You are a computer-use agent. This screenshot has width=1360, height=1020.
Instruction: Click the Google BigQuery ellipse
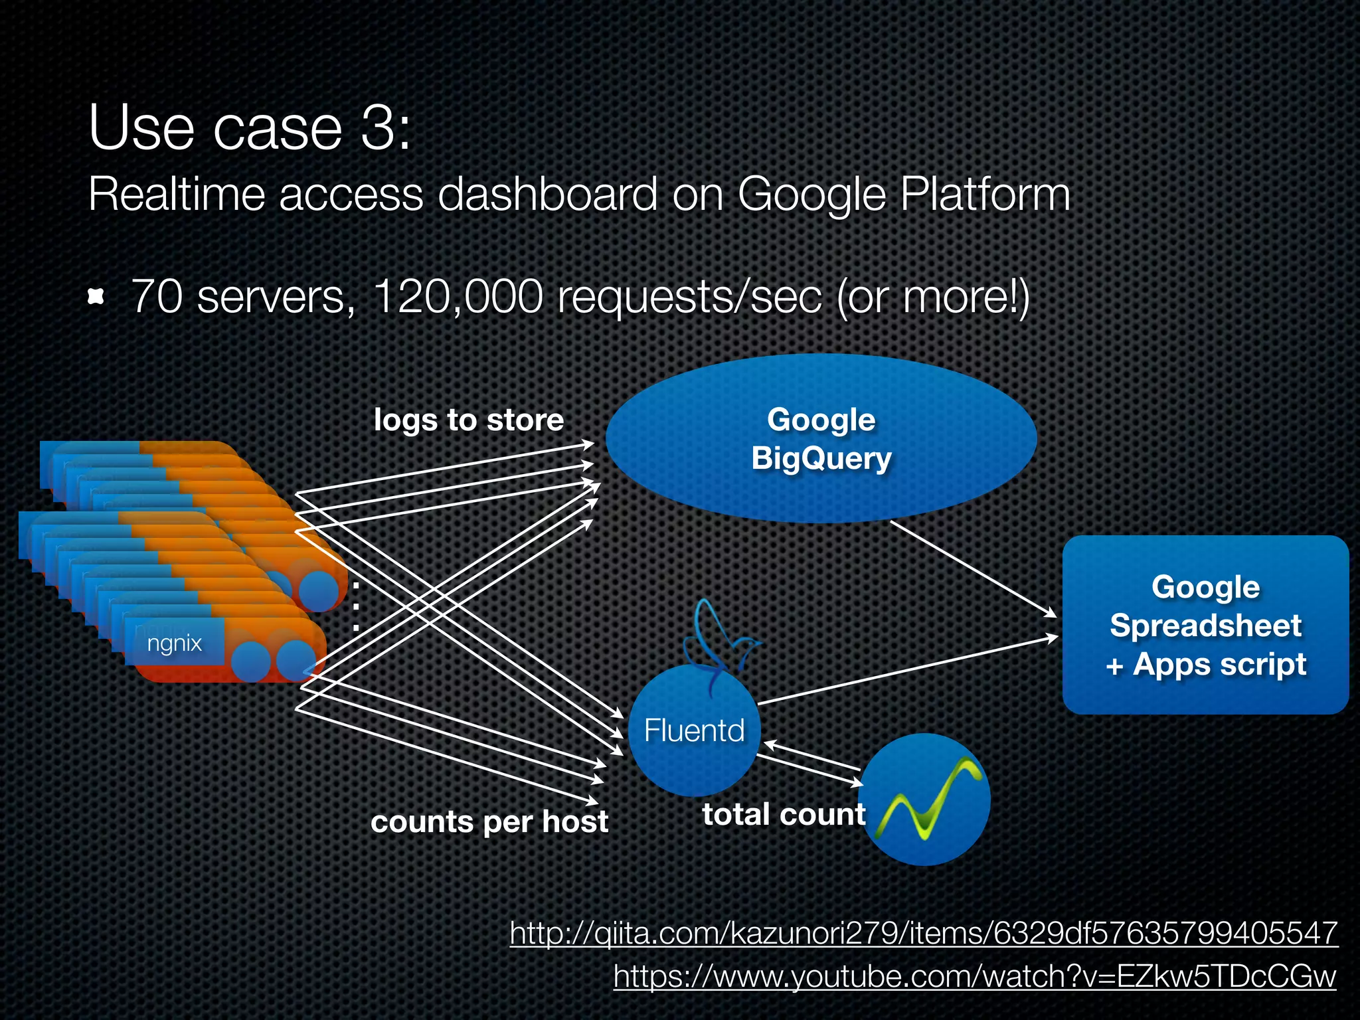click(x=821, y=439)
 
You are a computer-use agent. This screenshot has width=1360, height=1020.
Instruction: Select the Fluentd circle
click(x=694, y=730)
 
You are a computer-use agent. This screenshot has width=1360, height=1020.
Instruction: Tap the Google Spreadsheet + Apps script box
click(x=1205, y=625)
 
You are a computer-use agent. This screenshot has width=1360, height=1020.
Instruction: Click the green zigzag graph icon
click(x=925, y=800)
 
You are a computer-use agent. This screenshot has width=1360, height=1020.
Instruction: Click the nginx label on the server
click(x=174, y=643)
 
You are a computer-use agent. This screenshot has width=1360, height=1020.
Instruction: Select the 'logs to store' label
click(x=468, y=420)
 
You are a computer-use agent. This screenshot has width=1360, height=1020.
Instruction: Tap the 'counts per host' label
click(x=489, y=821)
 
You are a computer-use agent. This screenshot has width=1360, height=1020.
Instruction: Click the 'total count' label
click(x=784, y=814)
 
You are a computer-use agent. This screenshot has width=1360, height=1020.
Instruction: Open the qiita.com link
click(x=923, y=933)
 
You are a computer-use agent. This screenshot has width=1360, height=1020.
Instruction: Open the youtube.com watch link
click(x=974, y=976)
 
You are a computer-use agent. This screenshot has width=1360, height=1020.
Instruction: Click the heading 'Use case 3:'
click(x=250, y=127)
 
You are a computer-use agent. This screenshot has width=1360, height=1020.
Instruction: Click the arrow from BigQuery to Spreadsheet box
click(x=972, y=568)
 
